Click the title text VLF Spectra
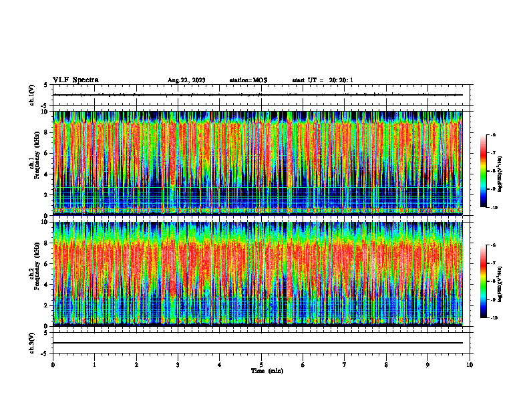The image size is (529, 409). [75, 80]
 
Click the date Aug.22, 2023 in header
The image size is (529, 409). [186, 80]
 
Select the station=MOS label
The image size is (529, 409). [248, 80]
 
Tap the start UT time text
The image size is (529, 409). [323, 80]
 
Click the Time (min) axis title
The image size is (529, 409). [267, 370]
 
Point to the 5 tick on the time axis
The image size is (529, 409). [261, 364]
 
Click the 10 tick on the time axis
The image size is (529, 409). [470, 364]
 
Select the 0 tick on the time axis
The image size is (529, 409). [53, 364]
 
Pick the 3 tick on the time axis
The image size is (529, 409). [178, 364]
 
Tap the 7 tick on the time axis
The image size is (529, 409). [345, 364]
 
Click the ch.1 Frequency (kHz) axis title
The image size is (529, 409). [34, 163]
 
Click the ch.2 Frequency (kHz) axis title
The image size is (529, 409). [34, 273]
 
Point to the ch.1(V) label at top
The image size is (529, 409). [32, 95]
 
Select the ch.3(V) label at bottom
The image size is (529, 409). [32, 343]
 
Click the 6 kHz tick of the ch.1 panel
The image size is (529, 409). [47, 153]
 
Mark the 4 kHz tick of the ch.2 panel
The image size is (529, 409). [47, 284]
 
